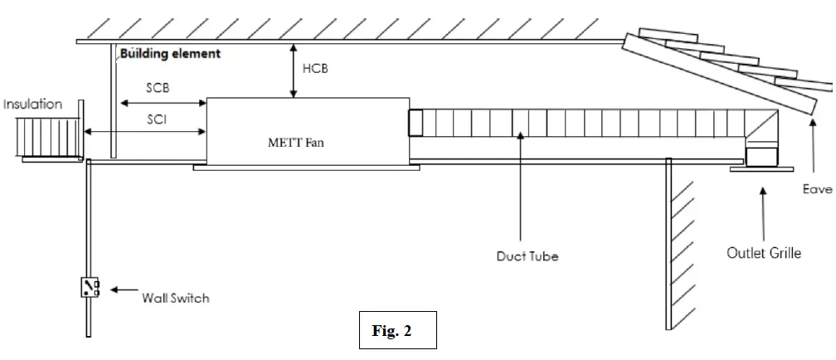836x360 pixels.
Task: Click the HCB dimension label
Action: (x=315, y=69)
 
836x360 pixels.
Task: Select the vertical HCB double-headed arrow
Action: (x=292, y=71)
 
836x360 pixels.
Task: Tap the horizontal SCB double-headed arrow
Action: (x=163, y=103)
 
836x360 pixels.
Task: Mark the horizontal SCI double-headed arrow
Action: (x=146, y=132)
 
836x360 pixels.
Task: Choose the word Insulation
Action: (x=33, y=105)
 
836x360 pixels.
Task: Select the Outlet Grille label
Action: (x=763, y=252)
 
